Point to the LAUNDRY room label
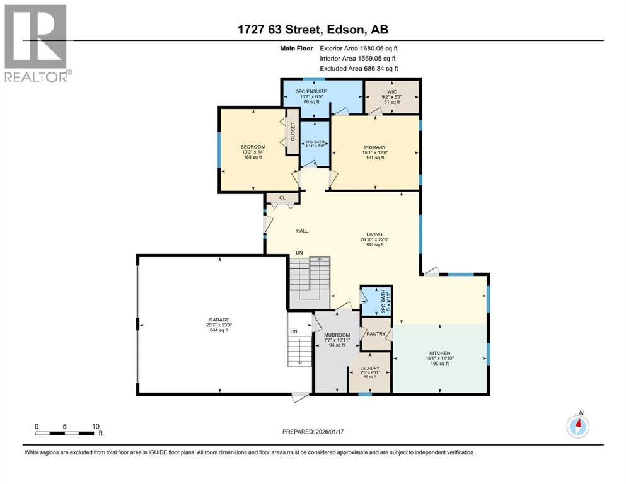point(369,368)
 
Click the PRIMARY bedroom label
point(374,147)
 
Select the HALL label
point(302,231)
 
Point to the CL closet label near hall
point(283,199)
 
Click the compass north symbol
point(577,427)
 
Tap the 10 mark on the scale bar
point(96,426)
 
